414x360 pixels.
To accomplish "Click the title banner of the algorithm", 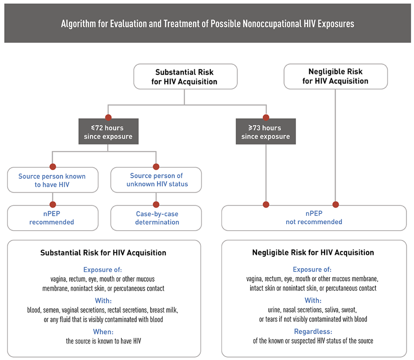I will click(x=207, y=23).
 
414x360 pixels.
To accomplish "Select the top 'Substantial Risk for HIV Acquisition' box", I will click(x=185, y=77).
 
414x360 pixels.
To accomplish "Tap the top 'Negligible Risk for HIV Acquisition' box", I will click(x=335, y=76).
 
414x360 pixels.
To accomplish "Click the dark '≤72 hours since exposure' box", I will click(x=108, y=132).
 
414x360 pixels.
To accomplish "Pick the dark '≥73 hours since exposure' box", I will click(x=266, y=132).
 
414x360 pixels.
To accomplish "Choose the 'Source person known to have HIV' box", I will click(x=52, y=180).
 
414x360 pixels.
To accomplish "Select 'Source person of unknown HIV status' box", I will click(x=156, y=180).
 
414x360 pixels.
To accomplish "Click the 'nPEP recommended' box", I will click(x=52, y=218).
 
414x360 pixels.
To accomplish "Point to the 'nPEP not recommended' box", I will click(x=314, y=218).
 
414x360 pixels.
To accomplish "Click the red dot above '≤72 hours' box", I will click(x=108, y=117).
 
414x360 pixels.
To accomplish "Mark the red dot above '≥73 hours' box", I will click(x=266, y=117).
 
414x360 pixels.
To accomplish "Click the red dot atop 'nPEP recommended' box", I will click(x=52, y=204).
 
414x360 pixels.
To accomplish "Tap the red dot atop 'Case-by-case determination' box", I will click(x=156, y=204).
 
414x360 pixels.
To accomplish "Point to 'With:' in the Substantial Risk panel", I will click(x=103, y=300).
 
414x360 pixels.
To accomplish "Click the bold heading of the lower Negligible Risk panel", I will click(x=313, y=253).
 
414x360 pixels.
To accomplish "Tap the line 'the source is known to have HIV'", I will click(x=103, y=341).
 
